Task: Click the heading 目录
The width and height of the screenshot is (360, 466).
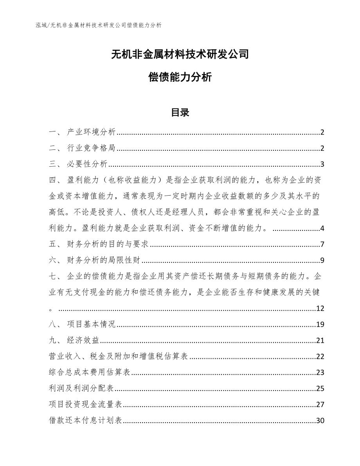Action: tap(180, 113)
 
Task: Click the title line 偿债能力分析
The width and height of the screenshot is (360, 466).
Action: tap(180, 77)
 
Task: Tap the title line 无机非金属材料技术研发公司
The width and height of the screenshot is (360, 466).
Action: tap(180, 54)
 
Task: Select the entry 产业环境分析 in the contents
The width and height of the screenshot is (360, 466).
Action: tap(92, 132)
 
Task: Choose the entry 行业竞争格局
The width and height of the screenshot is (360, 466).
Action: tap(92, 148)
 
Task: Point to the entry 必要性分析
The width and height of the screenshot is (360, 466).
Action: tap(88, 164)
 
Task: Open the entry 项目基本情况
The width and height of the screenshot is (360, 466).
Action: tap(92, 324)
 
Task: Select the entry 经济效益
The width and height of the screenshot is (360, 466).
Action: tap(83, 340)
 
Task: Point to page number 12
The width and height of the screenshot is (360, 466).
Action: tap(320, 309)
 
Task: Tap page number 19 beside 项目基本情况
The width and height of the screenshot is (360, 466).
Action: tap(320, 324)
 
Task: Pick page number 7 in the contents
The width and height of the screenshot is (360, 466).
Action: tap(322, 245)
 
